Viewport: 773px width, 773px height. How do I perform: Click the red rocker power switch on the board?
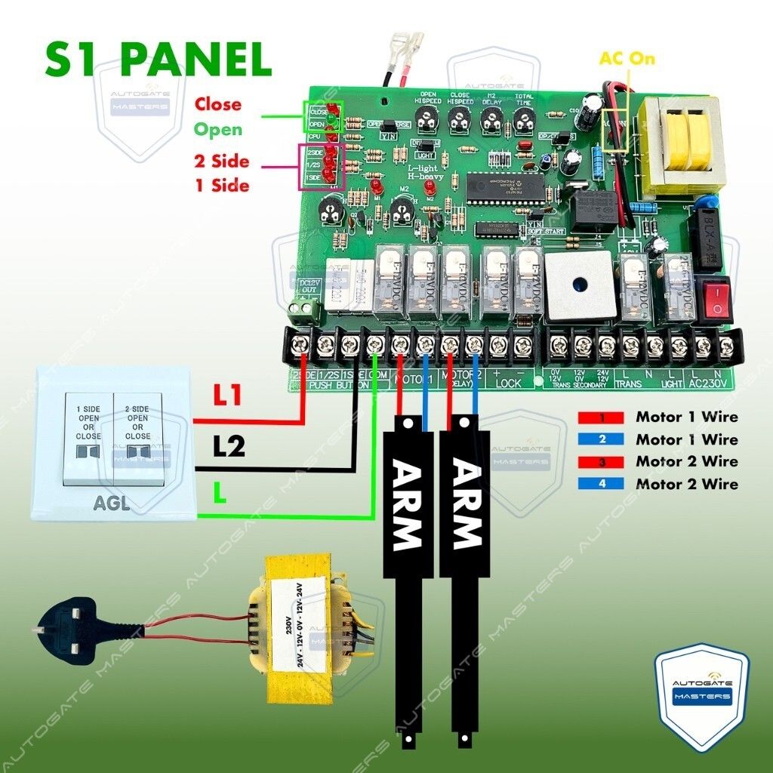(x=714, y=297)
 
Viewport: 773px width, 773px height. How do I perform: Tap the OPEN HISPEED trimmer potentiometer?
(x=427, y=118)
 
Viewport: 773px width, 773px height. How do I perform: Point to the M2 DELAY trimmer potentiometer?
(x=491, y=118)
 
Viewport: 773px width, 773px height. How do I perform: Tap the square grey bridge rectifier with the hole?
(x=578, y=285)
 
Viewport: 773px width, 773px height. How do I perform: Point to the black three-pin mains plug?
(x=72, y=625)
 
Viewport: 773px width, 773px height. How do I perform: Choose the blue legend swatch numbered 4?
(x=601, y=484)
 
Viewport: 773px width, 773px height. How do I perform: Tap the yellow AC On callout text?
(x=627, y=59)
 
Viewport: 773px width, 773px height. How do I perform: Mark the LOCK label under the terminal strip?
(x=508, y=383)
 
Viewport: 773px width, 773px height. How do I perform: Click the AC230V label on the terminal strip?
(x=709, y=383)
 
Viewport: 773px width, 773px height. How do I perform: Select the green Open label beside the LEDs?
(x=218, y=130)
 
